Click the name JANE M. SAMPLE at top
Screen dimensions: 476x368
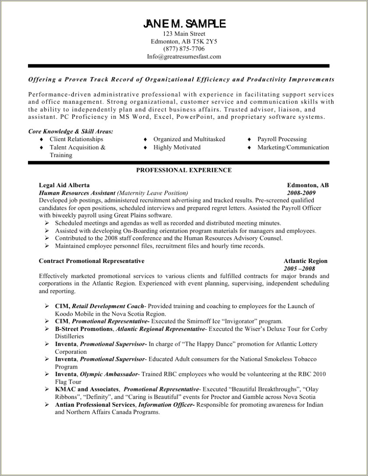(x=184, y=23)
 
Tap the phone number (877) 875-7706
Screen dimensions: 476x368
(x=184, y=49)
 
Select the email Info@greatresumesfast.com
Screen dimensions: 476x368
(x=184, y=57)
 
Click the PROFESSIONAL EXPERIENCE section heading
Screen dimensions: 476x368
(x=184, y=170)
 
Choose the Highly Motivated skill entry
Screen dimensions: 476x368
(x=177, y=147)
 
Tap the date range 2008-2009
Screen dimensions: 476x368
(x=301, y=193)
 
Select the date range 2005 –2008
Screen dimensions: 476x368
(x=300, y=268)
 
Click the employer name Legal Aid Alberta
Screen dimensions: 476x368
(x=64, y=185)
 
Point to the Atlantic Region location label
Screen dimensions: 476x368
(x=305, y=261)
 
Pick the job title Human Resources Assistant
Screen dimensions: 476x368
(x=77, y=193)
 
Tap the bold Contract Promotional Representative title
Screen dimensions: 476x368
(x=92, y=261)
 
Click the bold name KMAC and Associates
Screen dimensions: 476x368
(x=87, y=389)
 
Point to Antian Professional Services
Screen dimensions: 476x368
(x=95, y=404)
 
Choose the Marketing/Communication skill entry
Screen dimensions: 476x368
(x=293, y=147)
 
